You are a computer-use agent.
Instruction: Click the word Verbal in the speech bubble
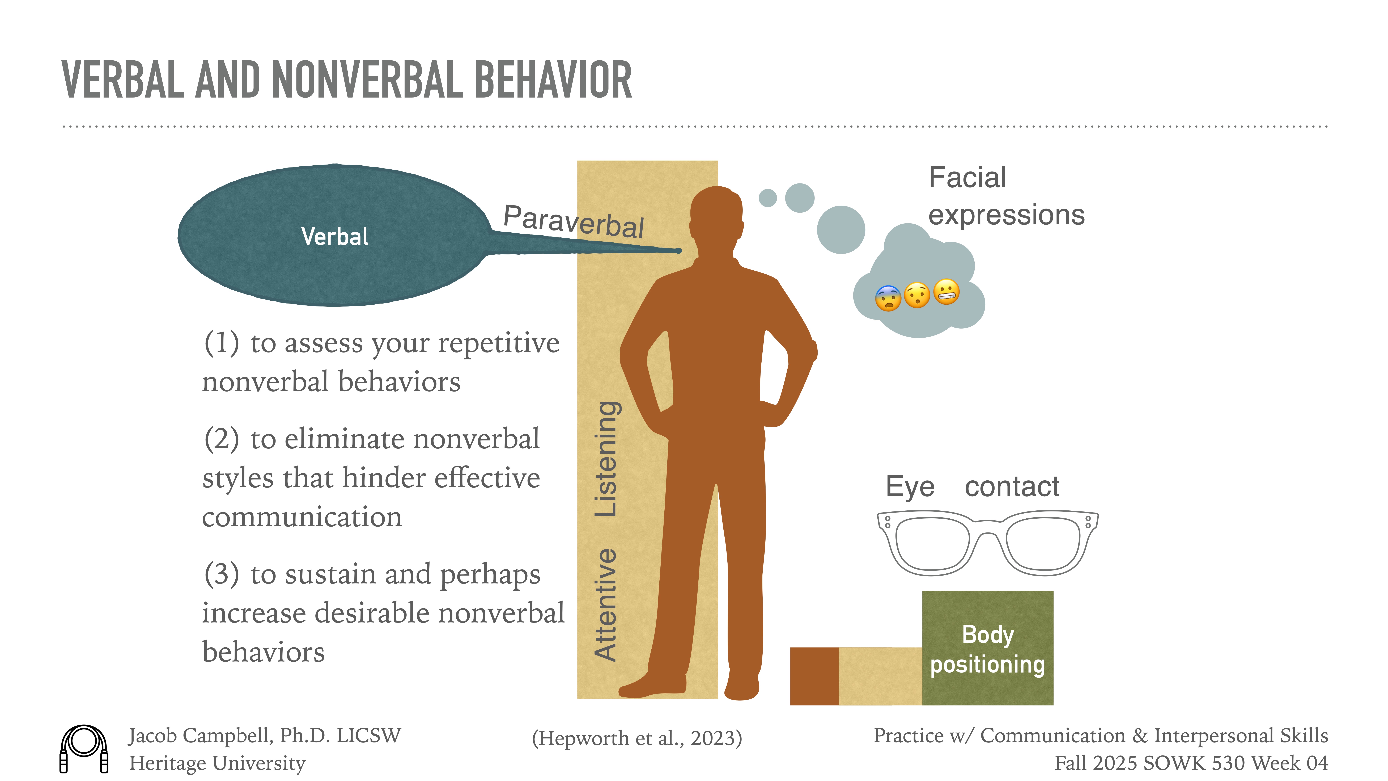tap(335, 237)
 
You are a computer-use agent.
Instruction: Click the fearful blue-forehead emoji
tap(888, 298)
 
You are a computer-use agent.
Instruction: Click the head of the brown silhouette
tap(717, 216)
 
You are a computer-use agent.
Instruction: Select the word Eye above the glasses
tap(910, 487)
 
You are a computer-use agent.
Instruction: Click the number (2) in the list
tap(222, 439)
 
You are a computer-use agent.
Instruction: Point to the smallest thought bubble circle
tap(768, 198)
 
